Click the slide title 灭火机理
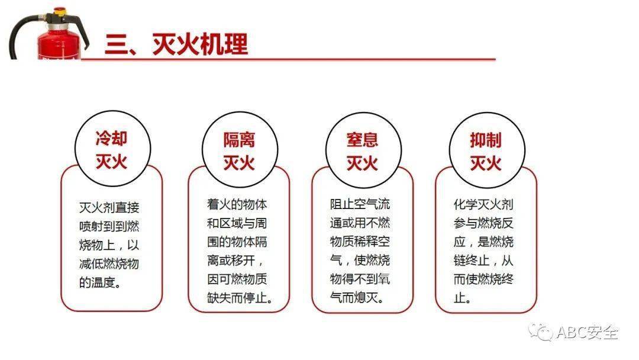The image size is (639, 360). [200, 44]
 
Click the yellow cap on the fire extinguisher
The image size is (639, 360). [60, 12]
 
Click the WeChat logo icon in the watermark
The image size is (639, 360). [540, 332]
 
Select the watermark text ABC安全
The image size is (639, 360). [588, 333]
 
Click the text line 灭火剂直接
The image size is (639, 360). [109, 207]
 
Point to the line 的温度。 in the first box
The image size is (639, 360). [100, 282]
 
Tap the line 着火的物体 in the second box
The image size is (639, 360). [237, 204]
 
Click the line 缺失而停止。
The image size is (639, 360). [240, 298]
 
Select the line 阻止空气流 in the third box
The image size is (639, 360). [360, 204]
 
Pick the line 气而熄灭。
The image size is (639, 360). [357, 298]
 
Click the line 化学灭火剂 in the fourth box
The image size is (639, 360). [484, 204]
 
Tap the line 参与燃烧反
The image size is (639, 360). [484, 223]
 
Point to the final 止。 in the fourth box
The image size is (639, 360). [463, 298]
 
